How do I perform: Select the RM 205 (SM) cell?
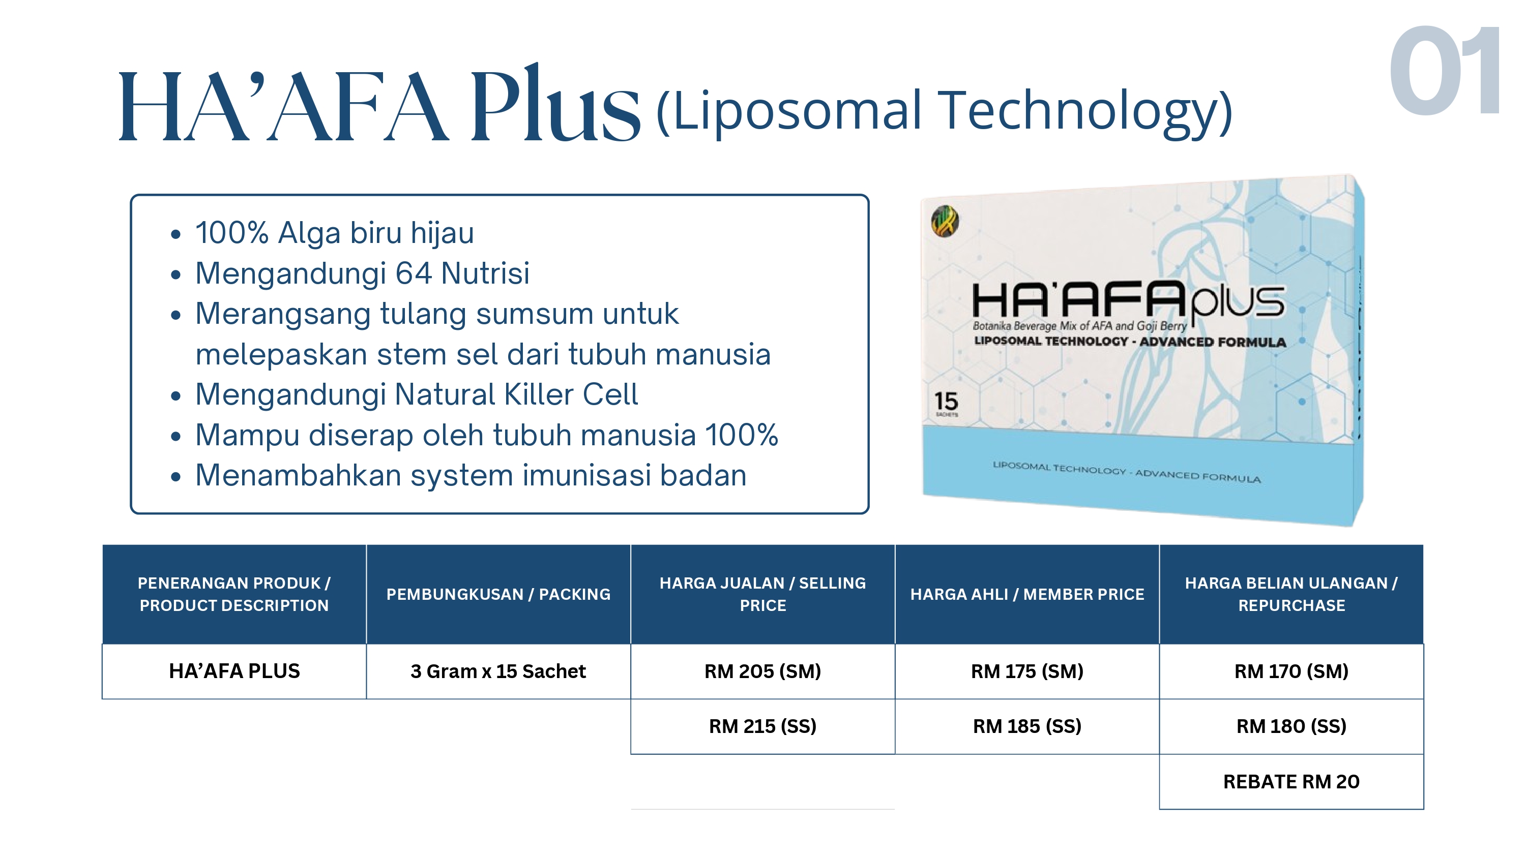click(762, 671)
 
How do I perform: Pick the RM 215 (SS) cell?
click(762, 726)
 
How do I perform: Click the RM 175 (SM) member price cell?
click(1026, 671)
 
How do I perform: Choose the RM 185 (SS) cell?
click(1026, 726)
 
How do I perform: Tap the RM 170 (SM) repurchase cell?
click(1292, 671)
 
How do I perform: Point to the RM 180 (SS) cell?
click(1292, 726)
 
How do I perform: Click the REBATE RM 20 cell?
click(1292, 782)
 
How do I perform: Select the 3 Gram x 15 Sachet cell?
click(498, 671)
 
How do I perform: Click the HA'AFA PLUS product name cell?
click(234, 671)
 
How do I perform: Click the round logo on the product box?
click(945, 222)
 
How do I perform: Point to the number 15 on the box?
click(946, 402)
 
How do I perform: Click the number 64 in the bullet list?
click(413, 273)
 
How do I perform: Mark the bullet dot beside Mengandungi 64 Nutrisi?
click(175, 275)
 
